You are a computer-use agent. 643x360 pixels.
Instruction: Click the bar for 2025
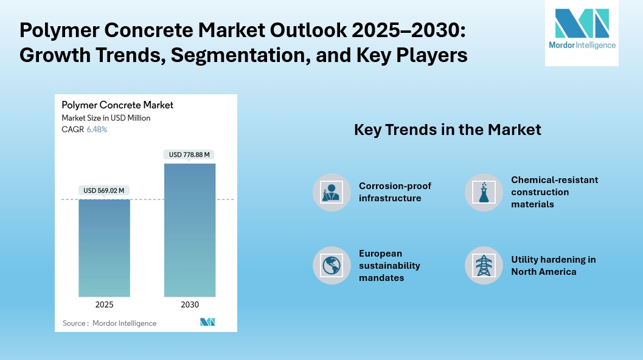[104, 247]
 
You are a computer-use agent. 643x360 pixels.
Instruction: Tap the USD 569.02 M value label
[104, 191]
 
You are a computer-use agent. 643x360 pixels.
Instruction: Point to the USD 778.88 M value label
[189, 154]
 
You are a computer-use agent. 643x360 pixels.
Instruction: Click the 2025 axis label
[104, 305]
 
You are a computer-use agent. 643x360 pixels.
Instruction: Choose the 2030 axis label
[189, 305]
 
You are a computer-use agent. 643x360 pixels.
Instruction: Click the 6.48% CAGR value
[97, 130]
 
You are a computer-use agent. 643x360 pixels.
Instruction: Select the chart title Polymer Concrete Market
[117, 105]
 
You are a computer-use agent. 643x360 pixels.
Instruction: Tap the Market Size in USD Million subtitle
[106, 118]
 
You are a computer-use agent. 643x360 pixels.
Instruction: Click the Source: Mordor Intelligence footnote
[109, 324]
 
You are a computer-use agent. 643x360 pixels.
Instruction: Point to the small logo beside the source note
[207, 322]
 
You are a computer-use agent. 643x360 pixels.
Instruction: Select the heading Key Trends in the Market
[447, 130]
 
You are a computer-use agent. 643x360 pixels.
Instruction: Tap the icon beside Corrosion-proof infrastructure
[332, 192]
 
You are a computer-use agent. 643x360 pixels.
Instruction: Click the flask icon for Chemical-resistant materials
[484, 192]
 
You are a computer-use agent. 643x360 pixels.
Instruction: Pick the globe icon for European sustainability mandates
[332, 265]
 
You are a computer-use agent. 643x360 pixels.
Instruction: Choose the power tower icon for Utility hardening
[484, 265]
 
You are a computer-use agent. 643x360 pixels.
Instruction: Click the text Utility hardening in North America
[553, 266]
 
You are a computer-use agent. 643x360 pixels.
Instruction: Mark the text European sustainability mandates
[389, 266]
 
